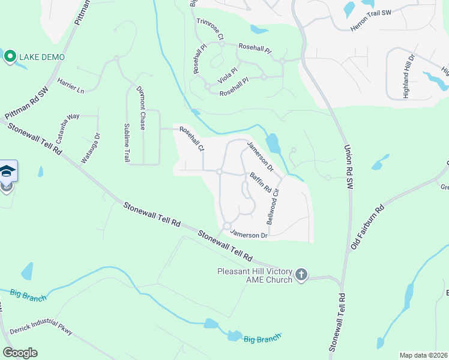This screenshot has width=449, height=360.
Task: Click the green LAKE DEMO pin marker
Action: pyautogui.click(x=10, y=57)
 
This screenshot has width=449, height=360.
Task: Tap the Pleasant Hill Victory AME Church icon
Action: pyautogui.click(x=301, y=275)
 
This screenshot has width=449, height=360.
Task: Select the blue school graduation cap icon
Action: pyautogui.click(x=7, y=172)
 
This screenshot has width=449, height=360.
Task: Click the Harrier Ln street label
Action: pyautogui.click(x=70, y=85)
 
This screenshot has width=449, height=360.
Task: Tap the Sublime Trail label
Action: pyautogui.click(x=127, y=142)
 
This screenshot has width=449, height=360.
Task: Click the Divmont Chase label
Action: pyautogui.click(x=142, y=110)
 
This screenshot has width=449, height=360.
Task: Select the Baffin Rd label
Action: pyautogui.click(x=261, y=183)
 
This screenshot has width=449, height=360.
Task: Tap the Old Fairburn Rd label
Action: pyautogui.click(x=367, y=227)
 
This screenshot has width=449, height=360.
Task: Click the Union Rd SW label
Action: pyautogui.click(x=348, y=167)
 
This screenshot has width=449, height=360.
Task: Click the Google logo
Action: pyautogui.click(x=20, y=353)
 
